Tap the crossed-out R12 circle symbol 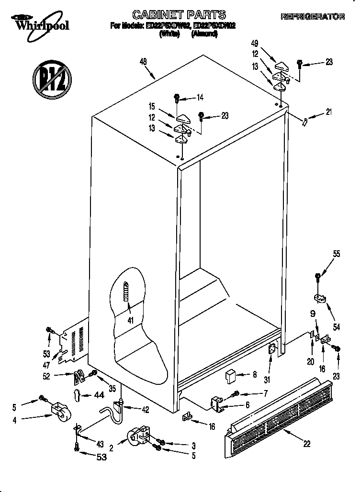pyautogui.click(x=51, y=76)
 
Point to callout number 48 pyautogui.click(x=143, y=61)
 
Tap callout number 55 pyautogui.click(x=337, y=254)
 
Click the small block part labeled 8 pyautogui.click(x=230, y=376)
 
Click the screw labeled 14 pyautogui.click(x=178, y=99)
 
